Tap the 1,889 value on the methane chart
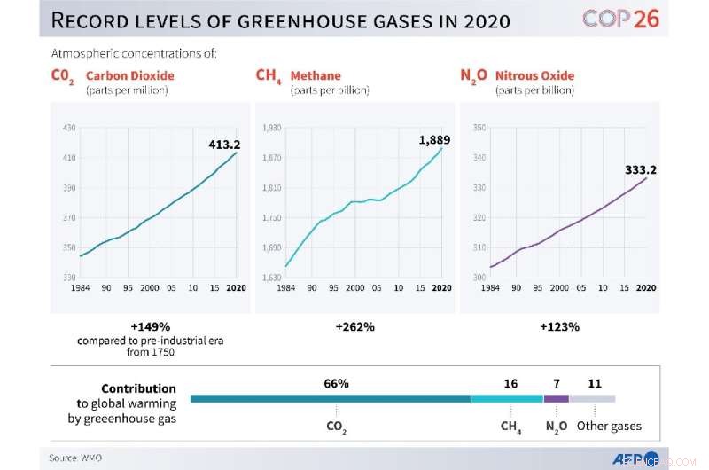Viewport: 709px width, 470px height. pyautogui.click(x=435, y=140)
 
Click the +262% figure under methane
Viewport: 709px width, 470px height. pyautogui.click(x=354, y=326)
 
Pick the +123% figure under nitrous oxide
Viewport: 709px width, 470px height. pyautogui.click(x=559, y=326)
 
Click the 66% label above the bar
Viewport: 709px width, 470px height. pyautogui.click(x=337, y=383)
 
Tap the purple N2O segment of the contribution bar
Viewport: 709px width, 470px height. pyautogui.click(x=556, y=399)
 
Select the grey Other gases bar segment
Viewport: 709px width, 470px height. pyautogui.click(x=592, y=399)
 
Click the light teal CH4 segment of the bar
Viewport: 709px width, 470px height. pyautogui.click(x=506, y=399)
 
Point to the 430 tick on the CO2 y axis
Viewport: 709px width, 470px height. pyautogui.click(x=68, y=128)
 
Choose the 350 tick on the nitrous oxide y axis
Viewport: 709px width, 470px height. pyautogui.click(x=479, y=128)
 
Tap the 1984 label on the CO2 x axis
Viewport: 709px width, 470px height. pyautogui.click(x=80, y=288)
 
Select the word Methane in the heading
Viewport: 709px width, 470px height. pyautogui.click(x=316, y=75)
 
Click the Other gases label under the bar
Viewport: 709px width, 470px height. pyautogui.click(x=609, y=427)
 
